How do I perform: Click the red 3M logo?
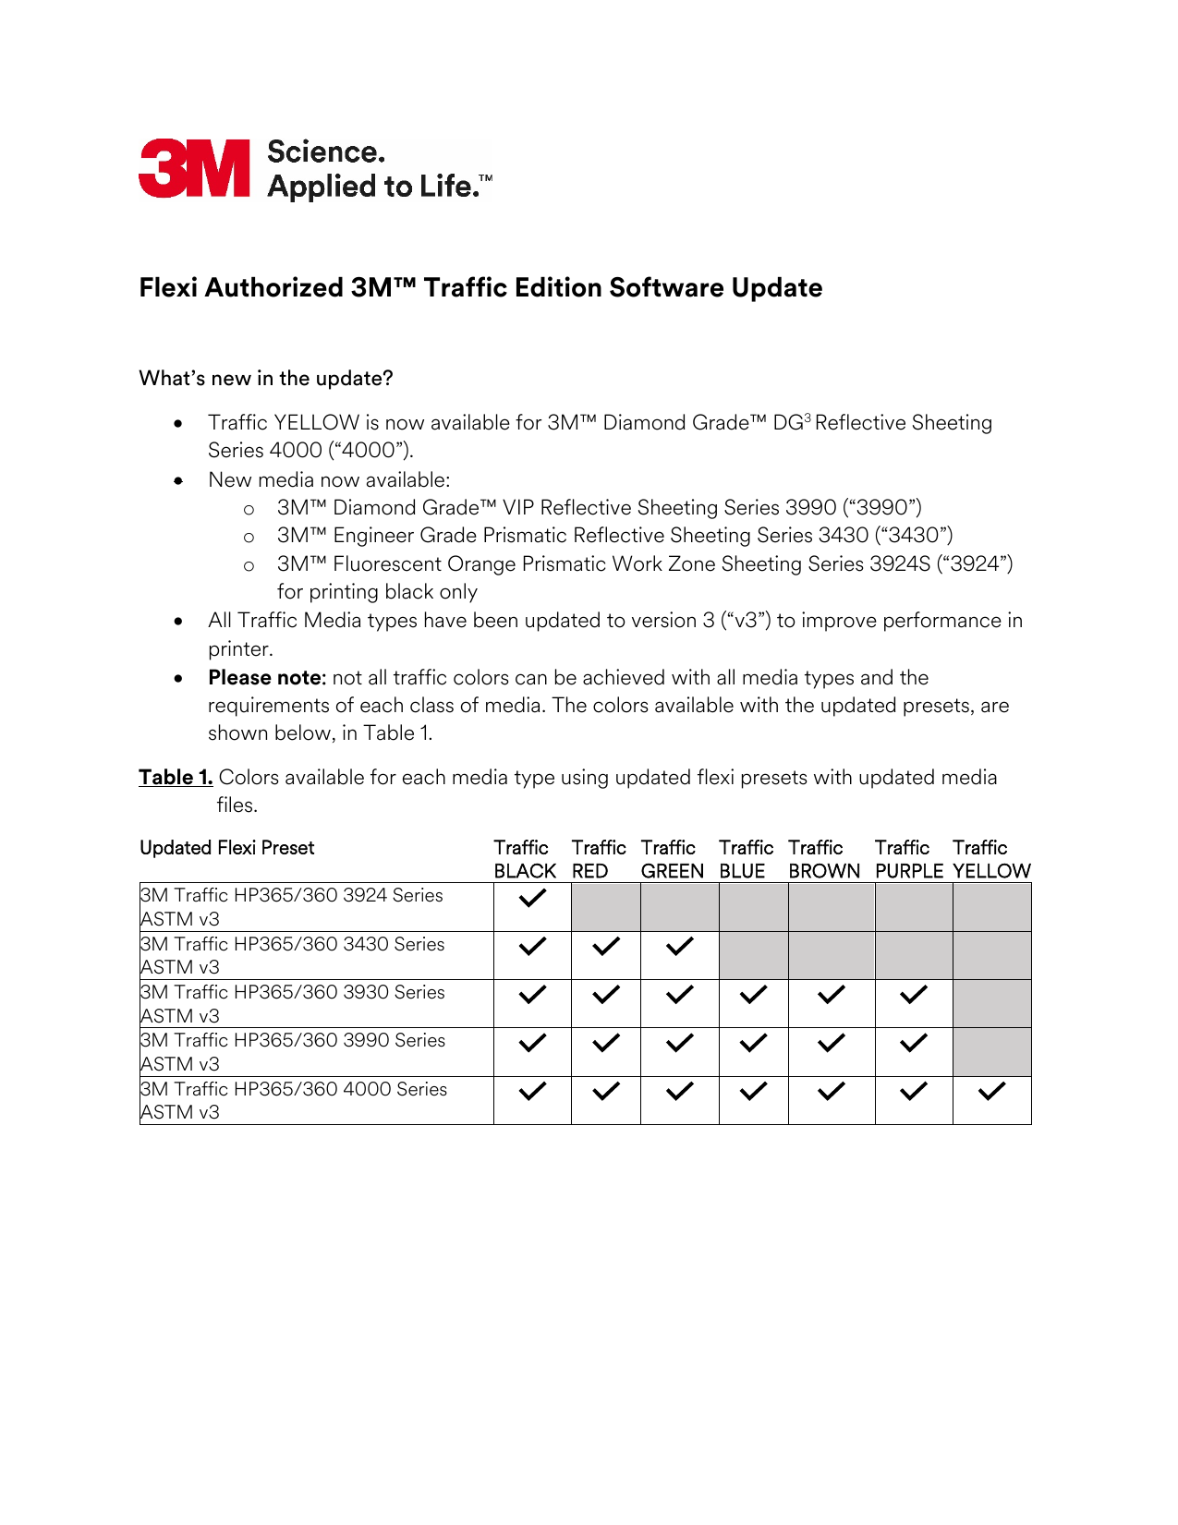tap(194, 168)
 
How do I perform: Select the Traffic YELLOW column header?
tap(991, 860)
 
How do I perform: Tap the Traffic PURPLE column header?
tap(908, 860)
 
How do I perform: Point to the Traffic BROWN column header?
tap(823, 860)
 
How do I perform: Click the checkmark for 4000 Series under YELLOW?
tap(991, 1092)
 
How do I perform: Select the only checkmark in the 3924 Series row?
tap(532, 898)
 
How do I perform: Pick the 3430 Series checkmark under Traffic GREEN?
tap(679, 947)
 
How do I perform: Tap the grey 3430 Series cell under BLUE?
tap(753, 955)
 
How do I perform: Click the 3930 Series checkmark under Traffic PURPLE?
tap(913, 995)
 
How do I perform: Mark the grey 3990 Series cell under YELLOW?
tap(991, 1052)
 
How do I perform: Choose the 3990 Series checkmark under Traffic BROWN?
tap(831, 1043)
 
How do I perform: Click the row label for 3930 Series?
tap(292, 1003)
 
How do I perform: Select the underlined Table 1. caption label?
tap(176, 778)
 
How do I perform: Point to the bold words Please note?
tap(267, 678)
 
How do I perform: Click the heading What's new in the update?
tap(266, 379)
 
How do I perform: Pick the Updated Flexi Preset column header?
tap(227, 848)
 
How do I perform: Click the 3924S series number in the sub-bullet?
tap(899, 564)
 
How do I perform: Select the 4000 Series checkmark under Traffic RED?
tap(605, 1092)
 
